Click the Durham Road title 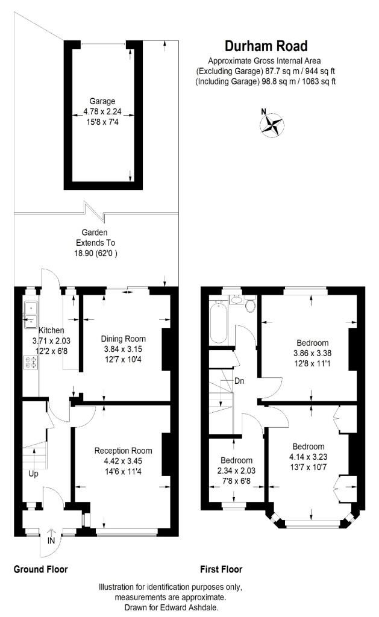(266, 46)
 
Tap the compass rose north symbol (272, 124)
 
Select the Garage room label (102, 101)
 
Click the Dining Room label (123, 339)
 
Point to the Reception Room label (123, 451)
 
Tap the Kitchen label (51, 331)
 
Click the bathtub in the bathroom (219, 322)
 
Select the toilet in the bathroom (250, 304)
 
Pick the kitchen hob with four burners (30, 362)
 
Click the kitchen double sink (30, 315)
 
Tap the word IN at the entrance (51, 541)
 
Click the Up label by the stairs (34, 474)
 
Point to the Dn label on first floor (239, 381)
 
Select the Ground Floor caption (40, 569)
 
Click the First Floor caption (221, 569)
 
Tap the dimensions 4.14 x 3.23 (308, 457)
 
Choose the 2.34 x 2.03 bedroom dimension (236, 471)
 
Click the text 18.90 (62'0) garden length (96, 253)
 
